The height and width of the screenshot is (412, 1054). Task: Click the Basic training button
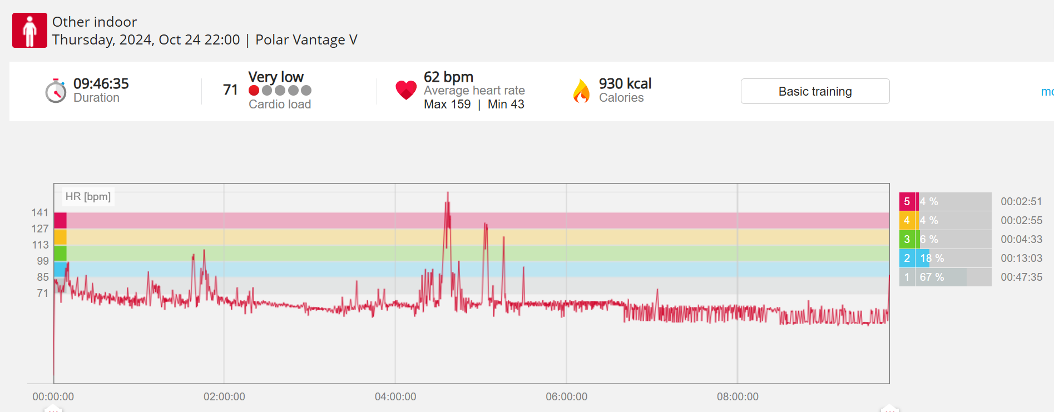tap(815, 91)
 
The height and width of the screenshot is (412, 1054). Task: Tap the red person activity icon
tap(29, 31)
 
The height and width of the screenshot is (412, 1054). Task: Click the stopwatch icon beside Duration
tap(56, 91)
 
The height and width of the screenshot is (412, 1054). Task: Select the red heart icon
tap(406, 90)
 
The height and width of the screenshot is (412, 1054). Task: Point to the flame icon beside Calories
tap(581, 91)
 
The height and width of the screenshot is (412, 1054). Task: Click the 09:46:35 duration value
tap(101, 83)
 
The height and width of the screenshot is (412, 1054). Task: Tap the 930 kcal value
tap(625, 83)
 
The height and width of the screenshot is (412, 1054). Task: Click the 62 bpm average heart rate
tap(448, 77)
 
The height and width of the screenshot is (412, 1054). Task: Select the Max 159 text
tap(447, 105)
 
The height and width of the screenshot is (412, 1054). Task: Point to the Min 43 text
tap(506, 105)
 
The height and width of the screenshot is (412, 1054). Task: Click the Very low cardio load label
tap(276, 77)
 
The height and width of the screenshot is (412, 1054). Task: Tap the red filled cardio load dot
tap(254, 91)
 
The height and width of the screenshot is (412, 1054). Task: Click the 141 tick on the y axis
tap(40, 212)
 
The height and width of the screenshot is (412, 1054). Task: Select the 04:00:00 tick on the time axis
tap(395, 396)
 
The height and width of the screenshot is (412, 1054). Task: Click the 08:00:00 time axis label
tap(738, 396)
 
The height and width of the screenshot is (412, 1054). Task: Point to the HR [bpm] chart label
tap(88, 196)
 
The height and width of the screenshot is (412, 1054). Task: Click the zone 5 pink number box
tap(907, 201)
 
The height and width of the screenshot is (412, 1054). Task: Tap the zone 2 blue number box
tap(907, 258)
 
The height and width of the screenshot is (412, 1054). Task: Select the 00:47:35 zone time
tap(1021, 277)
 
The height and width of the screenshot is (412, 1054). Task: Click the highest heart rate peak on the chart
tap(448, 193)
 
